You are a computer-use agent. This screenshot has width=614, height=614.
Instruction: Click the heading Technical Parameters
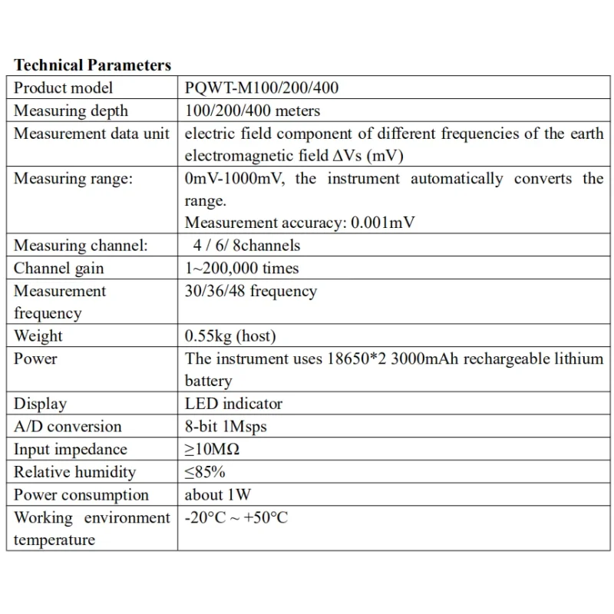pyautogui.click(x=92, y=65)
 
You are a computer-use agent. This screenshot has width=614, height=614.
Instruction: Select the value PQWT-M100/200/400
pyautogui.click(x=261, y=88)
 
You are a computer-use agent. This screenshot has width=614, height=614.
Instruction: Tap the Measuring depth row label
pyautogui.click(x=71, y=111)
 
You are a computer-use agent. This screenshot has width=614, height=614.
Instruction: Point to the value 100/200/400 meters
pyautogui.click(x=253, y=111)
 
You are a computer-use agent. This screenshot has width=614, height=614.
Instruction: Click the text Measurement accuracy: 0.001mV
pyautogui.click(x=301, y=223)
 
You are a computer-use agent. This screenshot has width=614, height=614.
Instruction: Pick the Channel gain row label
pyautogui.click(x=58, y=269)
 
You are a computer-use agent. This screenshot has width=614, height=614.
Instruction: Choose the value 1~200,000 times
pyautogui.click(x=242, y=269)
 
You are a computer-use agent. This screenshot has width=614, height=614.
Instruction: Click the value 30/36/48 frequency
pyautogui.click(x=250, y=292)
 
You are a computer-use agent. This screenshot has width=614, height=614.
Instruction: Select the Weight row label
pyautogui.click(x=38, y=336)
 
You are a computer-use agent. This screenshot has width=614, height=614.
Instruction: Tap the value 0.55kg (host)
pyautogui.click(x=230, y=336)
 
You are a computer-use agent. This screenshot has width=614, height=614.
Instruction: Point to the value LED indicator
pyautogui.click(x=233, y=404)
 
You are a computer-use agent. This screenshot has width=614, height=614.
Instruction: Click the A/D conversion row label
pyautogui.click(x=68, y=427)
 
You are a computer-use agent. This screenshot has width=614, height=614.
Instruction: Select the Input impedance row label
pyautogui.click(x=70, y=450)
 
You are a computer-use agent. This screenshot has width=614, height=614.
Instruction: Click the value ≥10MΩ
pyautogui.click(x=213, y=450)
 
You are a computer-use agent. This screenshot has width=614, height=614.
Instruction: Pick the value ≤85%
pyautogui.click(x=205, y=472)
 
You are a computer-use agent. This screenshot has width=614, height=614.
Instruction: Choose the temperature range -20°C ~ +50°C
pyautogui.click(x=236, y=518)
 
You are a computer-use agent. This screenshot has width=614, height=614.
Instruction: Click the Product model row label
pyautogui.click(x=63, y=88)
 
